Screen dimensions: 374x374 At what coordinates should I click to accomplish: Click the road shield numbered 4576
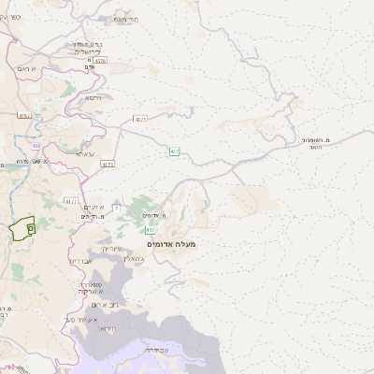point(100,61)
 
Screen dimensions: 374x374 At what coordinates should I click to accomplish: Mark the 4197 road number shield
point(23,116)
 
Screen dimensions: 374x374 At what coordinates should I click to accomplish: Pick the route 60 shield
point(36,146)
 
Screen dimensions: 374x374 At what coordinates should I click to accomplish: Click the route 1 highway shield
point(115,208)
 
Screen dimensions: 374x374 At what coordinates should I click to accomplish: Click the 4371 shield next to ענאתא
point(108,164)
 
